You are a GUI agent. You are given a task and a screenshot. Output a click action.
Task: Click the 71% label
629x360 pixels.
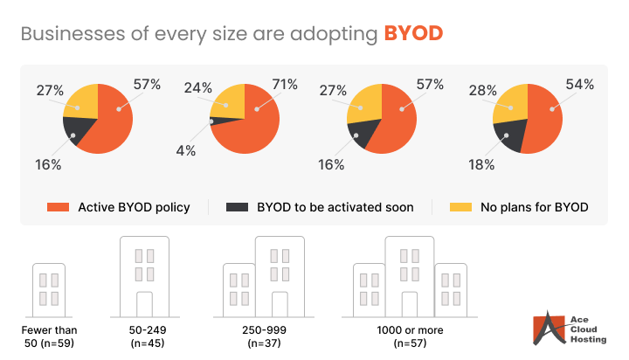pos(285,85)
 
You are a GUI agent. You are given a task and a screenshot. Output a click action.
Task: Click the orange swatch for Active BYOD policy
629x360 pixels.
pos(58,207)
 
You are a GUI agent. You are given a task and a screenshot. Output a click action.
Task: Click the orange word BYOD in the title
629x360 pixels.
pos(413,34)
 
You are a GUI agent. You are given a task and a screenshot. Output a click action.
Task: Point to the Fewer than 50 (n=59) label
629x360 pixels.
pos(50,336)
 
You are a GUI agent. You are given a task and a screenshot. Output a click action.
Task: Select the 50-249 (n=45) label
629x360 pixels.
pos(144,336)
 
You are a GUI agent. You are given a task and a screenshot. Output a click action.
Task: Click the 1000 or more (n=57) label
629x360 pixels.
pos(409,336)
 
